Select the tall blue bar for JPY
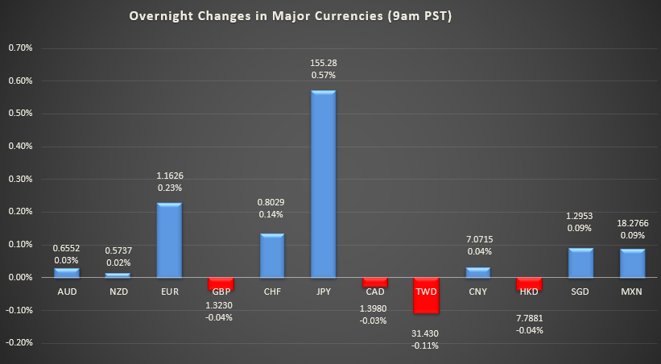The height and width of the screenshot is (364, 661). (x=323, y=184)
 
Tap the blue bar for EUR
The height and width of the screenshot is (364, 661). (x=168, y=240)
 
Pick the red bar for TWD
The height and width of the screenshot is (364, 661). (x=427, y=295)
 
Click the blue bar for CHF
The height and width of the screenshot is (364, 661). (x=271, y=255)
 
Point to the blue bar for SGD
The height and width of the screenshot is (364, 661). (x=580, y=263)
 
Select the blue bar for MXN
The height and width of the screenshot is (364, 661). (x=632, y=263)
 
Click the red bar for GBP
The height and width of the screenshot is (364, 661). (x=220, y=283)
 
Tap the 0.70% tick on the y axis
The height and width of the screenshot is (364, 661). (x=20, y=48)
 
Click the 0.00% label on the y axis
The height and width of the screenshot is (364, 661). (x=20, y=277)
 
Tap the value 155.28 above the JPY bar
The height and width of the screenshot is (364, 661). (x=323, y=63)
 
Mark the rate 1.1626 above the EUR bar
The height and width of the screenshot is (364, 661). (x=169, y=176)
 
